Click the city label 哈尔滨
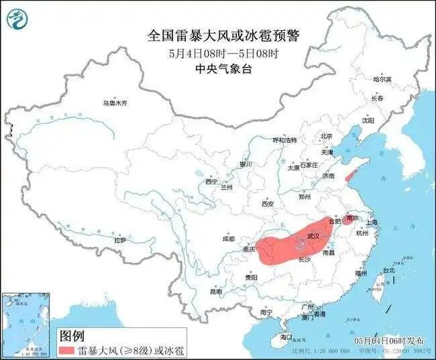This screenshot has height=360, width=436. [x=381, y=79]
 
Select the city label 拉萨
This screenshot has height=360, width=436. [x=120, y=239]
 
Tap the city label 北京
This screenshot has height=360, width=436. [x=327, y=136]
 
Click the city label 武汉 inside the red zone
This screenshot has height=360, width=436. [x=312, y=237]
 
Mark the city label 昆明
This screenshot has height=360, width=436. [x=216, y=292]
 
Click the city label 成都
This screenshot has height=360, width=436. [x=228, y=239]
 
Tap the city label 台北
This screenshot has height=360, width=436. [x=388, y=270]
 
